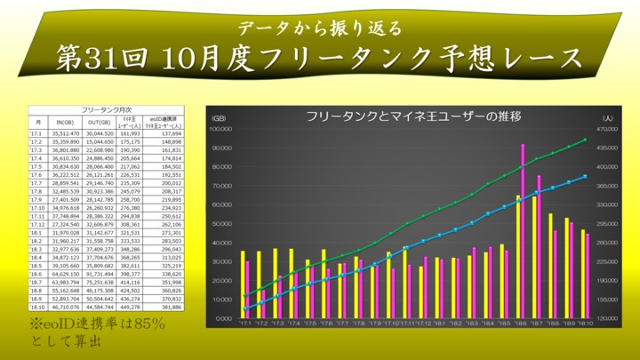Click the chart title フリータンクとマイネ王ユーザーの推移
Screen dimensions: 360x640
412,116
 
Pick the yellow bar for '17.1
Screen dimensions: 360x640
242,284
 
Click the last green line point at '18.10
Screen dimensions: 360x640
585,140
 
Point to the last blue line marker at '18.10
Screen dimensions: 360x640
585,176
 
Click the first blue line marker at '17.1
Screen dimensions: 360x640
244,309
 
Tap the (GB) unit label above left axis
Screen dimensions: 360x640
219,118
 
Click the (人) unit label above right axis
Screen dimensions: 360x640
607,118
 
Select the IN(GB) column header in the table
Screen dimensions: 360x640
64,121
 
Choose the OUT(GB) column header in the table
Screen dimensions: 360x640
99,121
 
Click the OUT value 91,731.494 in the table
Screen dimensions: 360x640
99,275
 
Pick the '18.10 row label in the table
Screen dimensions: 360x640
37,307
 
